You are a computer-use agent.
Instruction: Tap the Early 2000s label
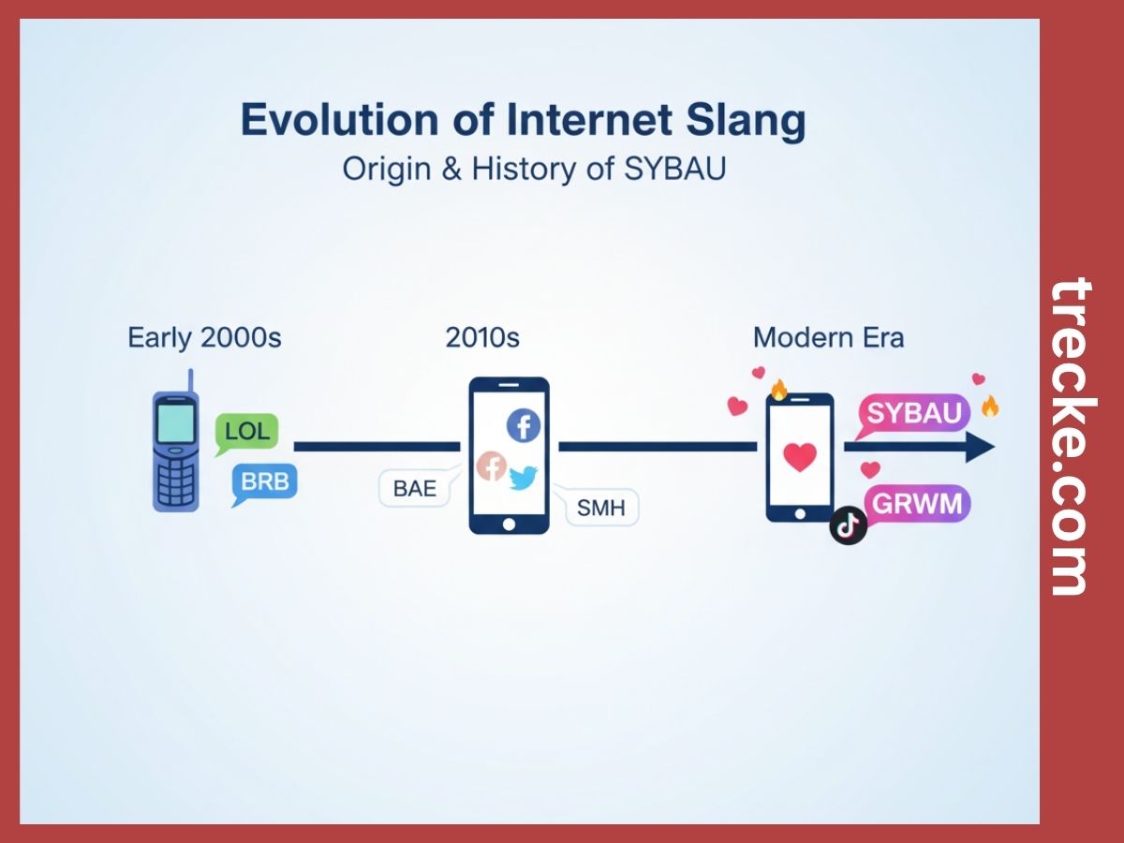click(204, 337)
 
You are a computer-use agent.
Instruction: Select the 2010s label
click(482, 337)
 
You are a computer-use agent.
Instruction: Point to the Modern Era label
click(828, 337)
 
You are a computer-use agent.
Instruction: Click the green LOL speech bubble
click(247, 432)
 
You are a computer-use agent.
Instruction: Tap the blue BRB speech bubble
click(265, 482)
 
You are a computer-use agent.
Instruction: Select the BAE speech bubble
click(414, 488)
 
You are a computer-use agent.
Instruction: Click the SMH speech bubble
click(599, 509)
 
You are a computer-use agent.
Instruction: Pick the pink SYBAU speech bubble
click(913, 413)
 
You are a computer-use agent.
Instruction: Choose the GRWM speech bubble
click(916, 504)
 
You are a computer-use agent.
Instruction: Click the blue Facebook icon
click(524, 426)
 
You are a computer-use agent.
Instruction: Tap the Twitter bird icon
click(522, 478)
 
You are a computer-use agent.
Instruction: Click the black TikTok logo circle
click(849, 526)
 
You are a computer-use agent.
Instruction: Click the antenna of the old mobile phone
click(191, 380)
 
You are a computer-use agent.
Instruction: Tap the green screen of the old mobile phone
click(175, 421)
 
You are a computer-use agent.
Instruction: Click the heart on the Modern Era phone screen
click(799, 457)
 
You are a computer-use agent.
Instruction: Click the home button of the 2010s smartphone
click(508, 523)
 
